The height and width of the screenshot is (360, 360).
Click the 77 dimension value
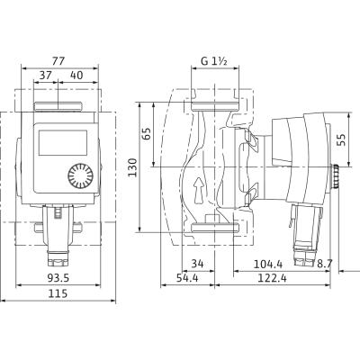[58, 61]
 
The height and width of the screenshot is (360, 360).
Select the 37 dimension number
[46, 75]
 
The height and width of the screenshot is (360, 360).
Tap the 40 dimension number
[76, 75]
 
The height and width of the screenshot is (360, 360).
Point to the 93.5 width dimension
[58, 278]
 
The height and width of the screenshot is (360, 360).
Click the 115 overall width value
[58, 293]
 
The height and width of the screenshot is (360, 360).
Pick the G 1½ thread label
[214, 61]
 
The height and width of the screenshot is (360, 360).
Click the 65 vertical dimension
[147, 134]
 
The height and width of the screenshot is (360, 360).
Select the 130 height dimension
[132, 167]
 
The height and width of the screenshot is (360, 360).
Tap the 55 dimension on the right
[341, 139]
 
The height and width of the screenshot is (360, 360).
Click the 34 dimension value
[197, 264]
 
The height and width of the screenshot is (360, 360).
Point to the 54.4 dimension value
[187, 278]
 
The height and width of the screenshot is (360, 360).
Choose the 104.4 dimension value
[268, 264]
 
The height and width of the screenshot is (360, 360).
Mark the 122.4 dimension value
[272, 278]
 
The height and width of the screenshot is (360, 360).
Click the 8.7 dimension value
[325, 264]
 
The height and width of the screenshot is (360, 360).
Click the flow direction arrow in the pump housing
[199, 191]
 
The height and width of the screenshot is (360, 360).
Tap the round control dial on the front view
[80, 175]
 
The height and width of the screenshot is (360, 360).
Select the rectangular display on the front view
[63, 143]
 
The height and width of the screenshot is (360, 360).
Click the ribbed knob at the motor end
[335, 176]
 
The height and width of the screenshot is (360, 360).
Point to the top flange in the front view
[58, 106]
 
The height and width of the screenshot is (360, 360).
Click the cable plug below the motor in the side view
[305, 234]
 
